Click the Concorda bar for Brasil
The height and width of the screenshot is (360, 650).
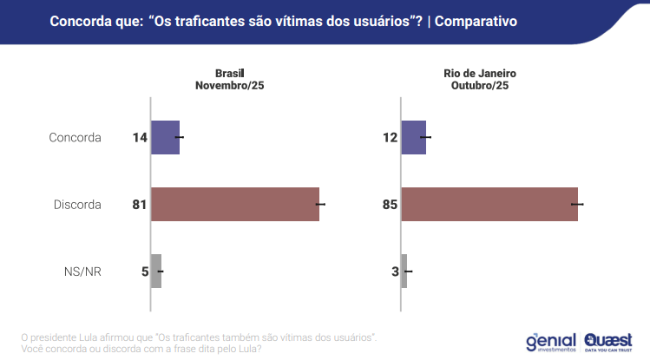165,137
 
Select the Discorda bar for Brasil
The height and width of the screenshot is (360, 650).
235,204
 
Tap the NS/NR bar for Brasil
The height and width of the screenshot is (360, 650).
156,271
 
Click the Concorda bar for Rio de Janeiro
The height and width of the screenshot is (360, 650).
414,137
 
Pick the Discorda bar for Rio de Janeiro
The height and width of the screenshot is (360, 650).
489,204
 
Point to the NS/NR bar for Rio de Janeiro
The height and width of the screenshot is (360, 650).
404,271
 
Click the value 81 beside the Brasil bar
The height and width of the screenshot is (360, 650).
139,205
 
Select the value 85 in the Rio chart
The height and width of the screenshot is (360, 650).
389,205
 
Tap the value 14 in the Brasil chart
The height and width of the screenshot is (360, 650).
139,138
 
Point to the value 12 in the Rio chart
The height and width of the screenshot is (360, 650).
389,138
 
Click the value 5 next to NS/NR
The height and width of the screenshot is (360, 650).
144,272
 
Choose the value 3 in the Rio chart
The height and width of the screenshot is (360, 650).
394,272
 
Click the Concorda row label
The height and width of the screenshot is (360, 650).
76,138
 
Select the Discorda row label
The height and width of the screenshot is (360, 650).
77,205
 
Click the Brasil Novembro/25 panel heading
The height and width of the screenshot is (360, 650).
229,79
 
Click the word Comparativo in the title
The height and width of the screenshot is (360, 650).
475,20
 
